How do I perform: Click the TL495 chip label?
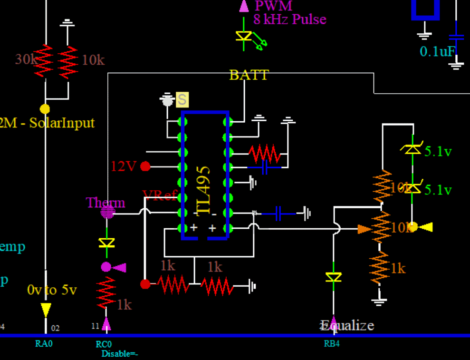point(204,189)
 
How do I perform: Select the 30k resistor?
point(46,61)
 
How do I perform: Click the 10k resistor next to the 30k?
point(68,61)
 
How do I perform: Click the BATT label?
point(249,75)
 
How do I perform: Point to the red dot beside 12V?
point(145,166)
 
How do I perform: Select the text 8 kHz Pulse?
point(289,19)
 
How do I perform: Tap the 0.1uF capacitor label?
point(438,51)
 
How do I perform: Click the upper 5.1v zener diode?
point(412,150)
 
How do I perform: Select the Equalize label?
point(347,325)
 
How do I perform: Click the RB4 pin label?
point(331,344)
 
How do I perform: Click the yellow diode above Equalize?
point(334,277)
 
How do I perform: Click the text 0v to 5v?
point(52,290)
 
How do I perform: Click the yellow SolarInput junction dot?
point(45,109)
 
